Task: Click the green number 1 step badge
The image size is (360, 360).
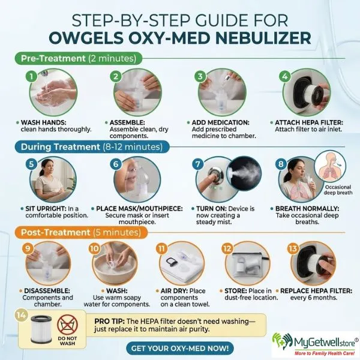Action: point(29,76)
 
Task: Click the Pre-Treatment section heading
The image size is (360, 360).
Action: point(77,59)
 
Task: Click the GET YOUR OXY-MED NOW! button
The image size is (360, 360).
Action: point(179,347)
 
